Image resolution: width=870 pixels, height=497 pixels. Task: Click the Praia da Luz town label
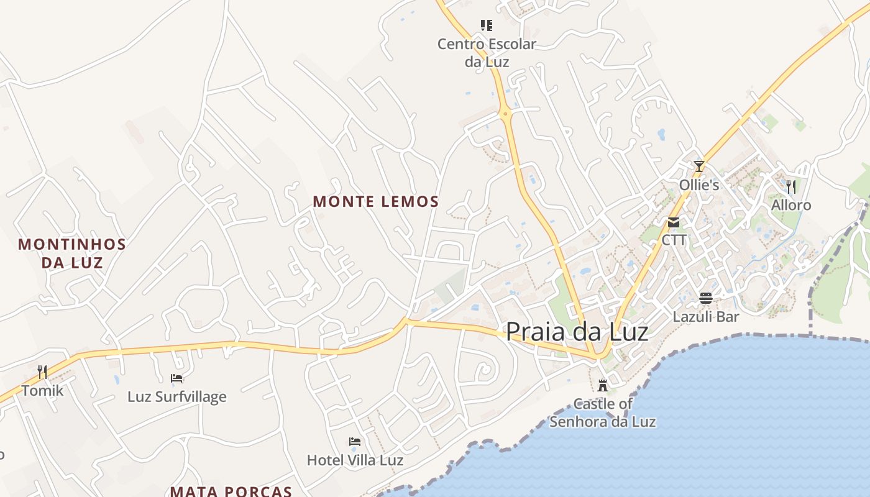[x=577, y=331]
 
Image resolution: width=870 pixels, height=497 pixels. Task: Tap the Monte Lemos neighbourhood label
[x=376, y=201]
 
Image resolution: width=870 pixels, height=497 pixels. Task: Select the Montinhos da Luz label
[x=72, y=253]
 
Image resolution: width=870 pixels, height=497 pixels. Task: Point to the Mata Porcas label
[x=231, y=491]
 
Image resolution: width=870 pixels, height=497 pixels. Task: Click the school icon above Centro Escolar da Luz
[x=487, y=25]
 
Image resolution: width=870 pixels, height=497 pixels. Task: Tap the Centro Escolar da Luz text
[x=487, y=53]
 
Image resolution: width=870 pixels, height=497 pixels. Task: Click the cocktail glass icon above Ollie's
[x=699, y=166]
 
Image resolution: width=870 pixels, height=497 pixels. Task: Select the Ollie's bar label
[x=699, y=185]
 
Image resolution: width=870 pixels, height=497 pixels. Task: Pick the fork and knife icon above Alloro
[x=791, y=186]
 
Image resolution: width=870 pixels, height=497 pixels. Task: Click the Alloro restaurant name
[x=791, y=205]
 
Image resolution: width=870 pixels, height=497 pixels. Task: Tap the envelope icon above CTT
[x=674, y=222]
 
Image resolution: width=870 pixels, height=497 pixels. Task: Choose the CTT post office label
[x=674, y=240]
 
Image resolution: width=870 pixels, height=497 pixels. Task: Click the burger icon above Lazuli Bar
[x=706, y=298]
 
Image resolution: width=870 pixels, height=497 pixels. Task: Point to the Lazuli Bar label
[x=706, y=317]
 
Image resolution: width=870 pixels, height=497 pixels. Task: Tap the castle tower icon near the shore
[x=602, y=386]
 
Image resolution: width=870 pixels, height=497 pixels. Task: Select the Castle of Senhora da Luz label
[x=602, y=413]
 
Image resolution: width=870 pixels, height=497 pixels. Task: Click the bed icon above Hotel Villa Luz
[x=355, y=442]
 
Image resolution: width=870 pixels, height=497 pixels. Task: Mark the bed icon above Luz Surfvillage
[x=177, y=378]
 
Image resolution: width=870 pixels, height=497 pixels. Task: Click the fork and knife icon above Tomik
[x=42, y=372]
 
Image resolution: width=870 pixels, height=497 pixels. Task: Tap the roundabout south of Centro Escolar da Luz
[x=506, y=114]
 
